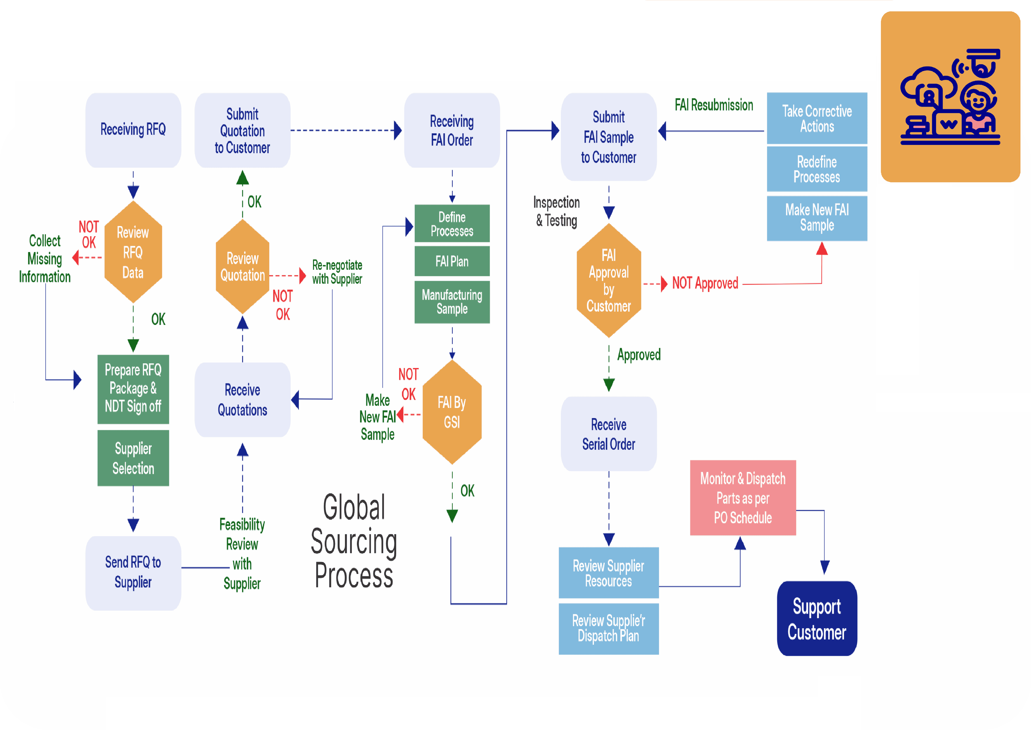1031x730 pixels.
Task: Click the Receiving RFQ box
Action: pos(133,130)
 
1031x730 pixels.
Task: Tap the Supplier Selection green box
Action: pos(133,458)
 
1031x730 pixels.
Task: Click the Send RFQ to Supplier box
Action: pos(133,573)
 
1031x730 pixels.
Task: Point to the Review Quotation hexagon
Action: pos(243,267)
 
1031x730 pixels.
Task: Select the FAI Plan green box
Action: pos(452,261)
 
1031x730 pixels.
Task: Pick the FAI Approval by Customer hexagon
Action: pos(609,281)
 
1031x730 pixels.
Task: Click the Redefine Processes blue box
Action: pos(817,169)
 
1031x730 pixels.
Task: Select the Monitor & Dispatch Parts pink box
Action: pos(743,498)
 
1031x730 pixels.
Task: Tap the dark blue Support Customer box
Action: pos(817,619)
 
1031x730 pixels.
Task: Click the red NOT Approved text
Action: pos(705,283)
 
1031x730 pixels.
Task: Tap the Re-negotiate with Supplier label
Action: pos(337,272)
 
